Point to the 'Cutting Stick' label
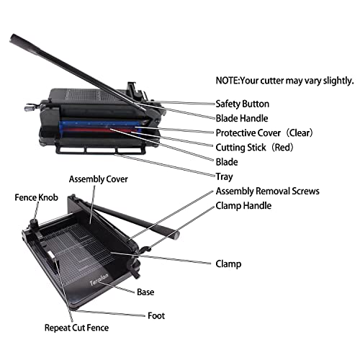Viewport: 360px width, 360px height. [243, 148]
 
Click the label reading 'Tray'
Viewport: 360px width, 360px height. [225, 177]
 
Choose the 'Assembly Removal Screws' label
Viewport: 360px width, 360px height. [267, 192]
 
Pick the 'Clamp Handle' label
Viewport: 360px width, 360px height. [244, 207]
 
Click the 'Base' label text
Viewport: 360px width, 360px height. [145, 292]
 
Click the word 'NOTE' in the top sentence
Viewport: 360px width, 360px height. [228, 81]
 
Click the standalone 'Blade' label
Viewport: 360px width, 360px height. [227, 163]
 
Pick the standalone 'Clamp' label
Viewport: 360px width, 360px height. [228, 264]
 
